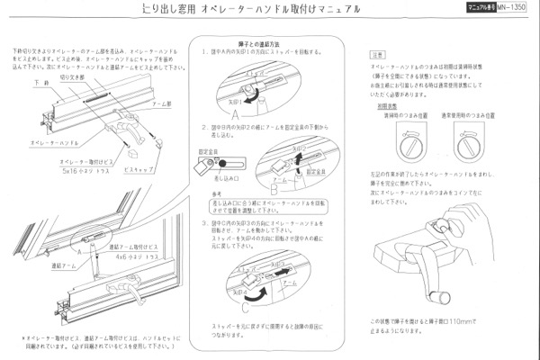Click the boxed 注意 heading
(378, 55)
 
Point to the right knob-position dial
(475, 144)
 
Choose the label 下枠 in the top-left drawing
(40, 82)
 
